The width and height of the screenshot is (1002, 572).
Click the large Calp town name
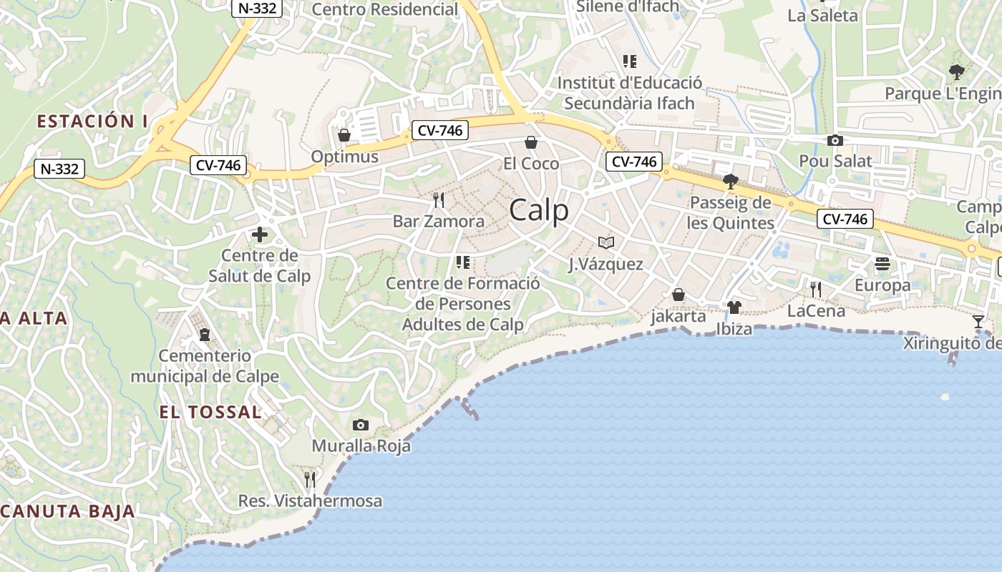point(539,210)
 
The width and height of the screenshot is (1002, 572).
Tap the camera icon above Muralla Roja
point(361,425)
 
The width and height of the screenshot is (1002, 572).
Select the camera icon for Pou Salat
point(835,140)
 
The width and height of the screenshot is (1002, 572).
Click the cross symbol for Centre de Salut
point(259,234)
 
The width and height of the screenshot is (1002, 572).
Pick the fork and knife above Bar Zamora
point(439,199)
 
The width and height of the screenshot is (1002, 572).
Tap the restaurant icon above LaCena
point(815,290)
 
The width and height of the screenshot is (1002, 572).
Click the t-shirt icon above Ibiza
point(734,307)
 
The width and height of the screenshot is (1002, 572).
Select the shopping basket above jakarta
point(678,295)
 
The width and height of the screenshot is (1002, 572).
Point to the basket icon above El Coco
point(531,142)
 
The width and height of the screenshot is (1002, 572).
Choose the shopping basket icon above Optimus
point(344,135)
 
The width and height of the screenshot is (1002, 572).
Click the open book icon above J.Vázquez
point(606,242)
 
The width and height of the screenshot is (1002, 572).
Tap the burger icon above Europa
point(882,264)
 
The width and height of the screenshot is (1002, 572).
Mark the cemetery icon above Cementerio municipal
point(205,334)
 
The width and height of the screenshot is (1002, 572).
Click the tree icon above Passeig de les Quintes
point(730,181)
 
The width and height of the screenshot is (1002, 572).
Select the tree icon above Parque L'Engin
point(956,71)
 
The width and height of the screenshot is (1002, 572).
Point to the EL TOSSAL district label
point(210,412)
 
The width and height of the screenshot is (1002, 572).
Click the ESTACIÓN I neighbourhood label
point(87,122)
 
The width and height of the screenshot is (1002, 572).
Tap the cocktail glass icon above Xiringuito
point(978,321)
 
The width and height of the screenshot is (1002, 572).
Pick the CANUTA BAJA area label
point(68,511)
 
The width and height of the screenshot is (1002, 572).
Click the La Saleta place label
point(822,15)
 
